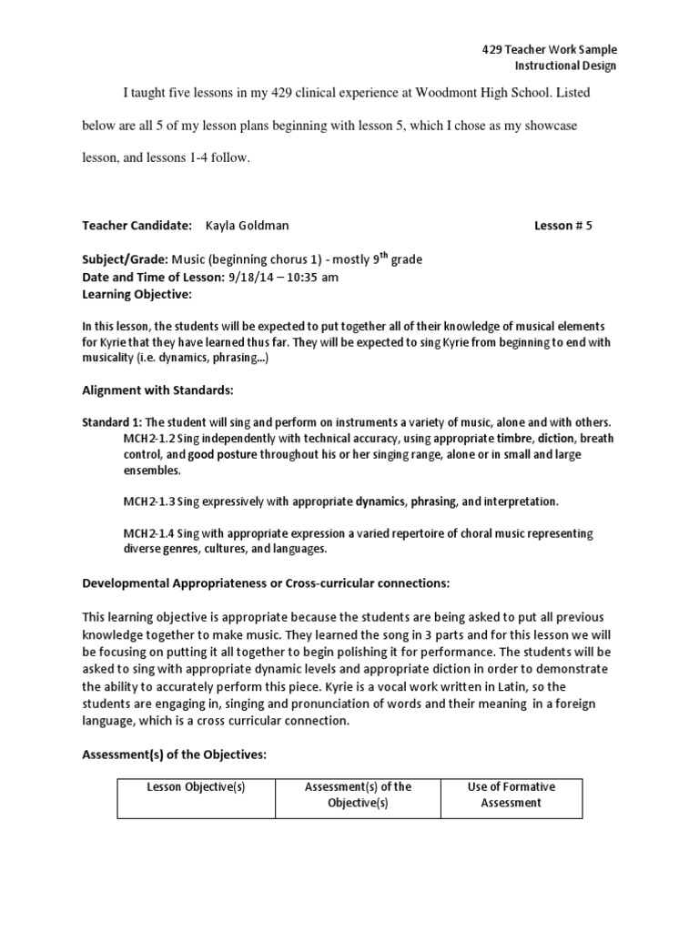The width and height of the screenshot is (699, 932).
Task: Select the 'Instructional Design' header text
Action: [565, 66]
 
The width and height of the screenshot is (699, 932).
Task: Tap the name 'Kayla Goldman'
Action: [248, 225]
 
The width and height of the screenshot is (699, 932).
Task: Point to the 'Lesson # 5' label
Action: [562, 225]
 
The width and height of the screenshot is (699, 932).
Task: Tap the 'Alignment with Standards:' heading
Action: [158, 390]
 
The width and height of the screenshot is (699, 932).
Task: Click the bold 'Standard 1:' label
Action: [112, 423]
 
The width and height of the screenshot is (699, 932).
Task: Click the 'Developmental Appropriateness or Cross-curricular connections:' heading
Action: [266, 582]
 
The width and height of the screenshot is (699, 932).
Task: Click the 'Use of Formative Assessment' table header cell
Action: [511, 795]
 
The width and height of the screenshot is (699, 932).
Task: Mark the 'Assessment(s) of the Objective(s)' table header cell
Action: [358, 795]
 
